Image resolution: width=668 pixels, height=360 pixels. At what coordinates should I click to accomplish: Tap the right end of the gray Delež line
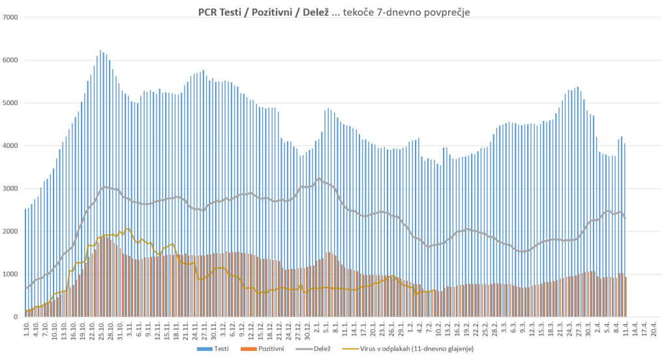[626, 217]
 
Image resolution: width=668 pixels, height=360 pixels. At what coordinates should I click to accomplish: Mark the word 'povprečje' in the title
[442, 12]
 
